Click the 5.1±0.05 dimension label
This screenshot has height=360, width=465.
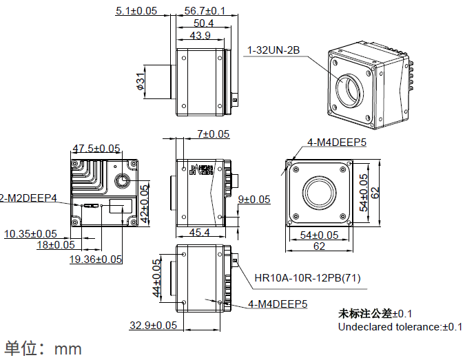point(136,10)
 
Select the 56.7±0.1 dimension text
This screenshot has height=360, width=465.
point(205,10)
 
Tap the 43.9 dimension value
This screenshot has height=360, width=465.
point(200,35)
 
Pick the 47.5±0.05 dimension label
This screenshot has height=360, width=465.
point(96,148)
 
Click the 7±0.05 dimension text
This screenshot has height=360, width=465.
point(213,134)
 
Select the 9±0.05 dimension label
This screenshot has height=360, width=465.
point(254,200)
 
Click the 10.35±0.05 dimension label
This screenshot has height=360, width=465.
point(31,234)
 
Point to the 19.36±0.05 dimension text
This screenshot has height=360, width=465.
point(96,259)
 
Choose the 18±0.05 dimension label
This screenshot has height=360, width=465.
point(56,245)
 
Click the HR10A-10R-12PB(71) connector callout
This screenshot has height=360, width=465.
point(307,278)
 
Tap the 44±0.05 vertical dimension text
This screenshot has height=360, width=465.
point(156,278)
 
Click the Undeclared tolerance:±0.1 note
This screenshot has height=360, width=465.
point(400,326)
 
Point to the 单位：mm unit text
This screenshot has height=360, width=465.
point(43,348)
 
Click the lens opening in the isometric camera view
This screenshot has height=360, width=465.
point(351,89)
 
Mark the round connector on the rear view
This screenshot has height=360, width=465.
point(123,180)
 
